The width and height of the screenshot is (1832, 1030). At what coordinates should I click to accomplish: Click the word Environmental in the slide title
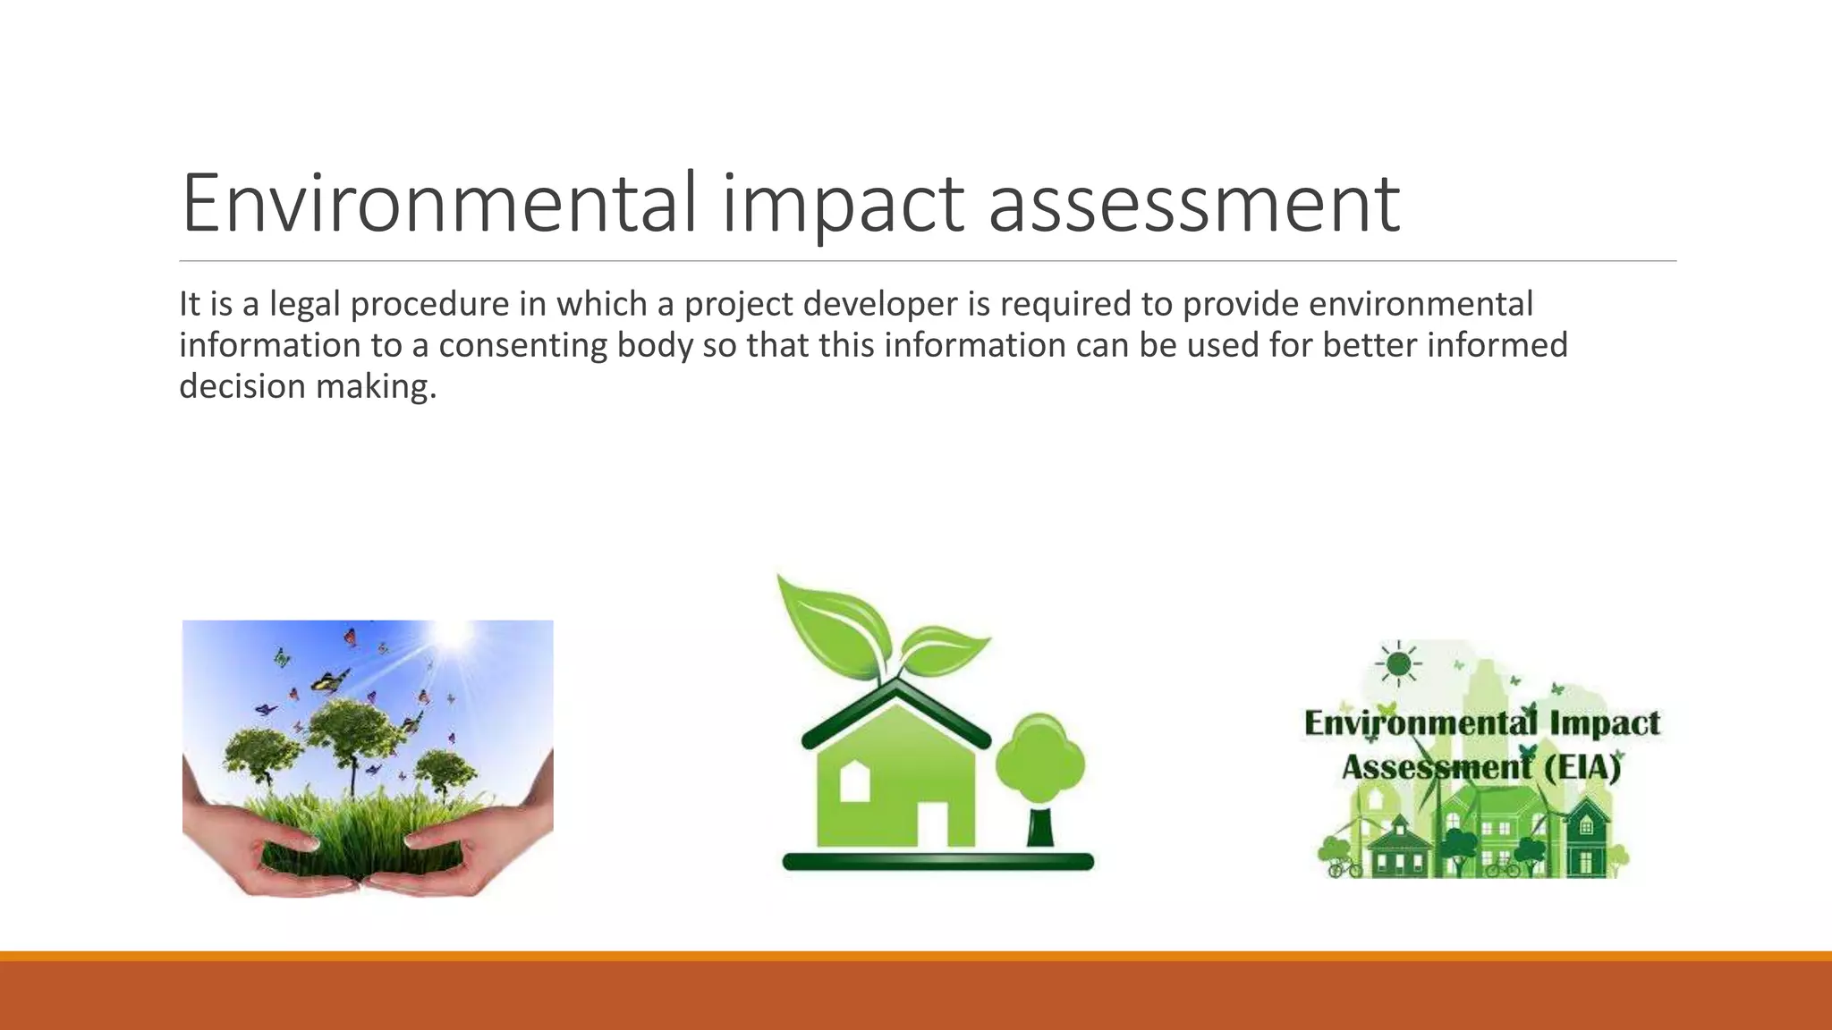(438, 204)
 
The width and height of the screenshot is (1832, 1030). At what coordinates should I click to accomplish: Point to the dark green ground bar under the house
(937, 862)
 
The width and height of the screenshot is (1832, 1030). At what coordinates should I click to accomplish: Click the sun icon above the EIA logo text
(1398, 664)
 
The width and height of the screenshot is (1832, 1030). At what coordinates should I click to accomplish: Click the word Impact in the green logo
(1605, 722)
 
